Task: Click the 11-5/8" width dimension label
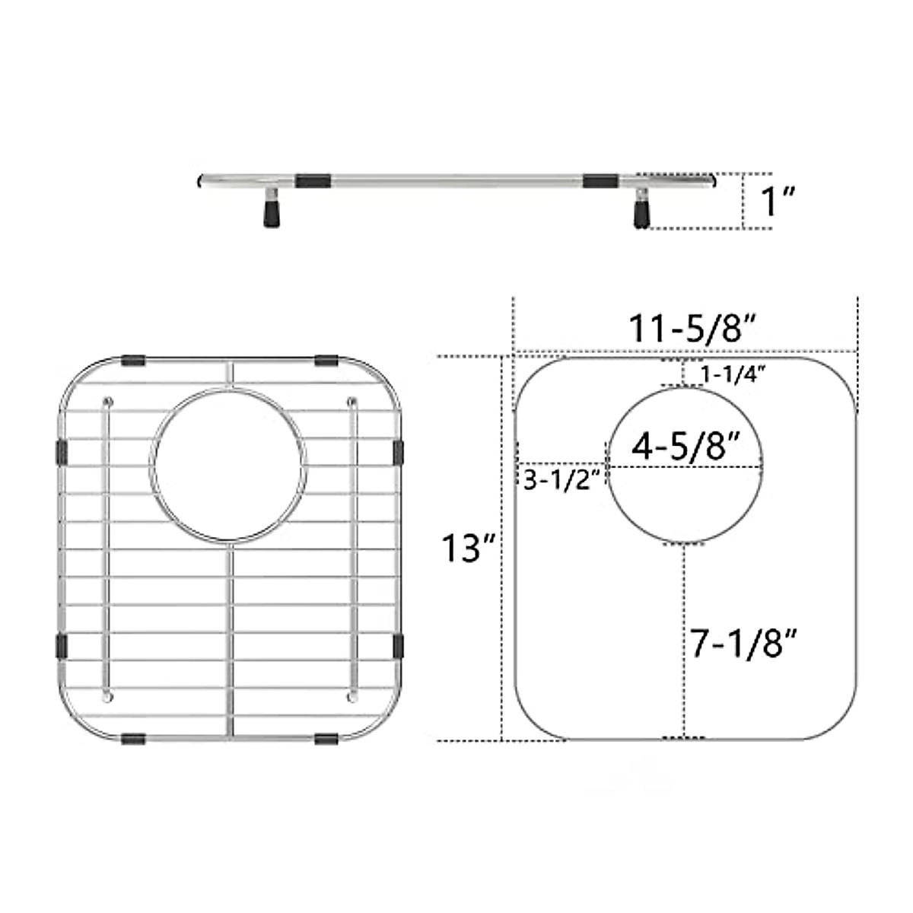coord(692,329)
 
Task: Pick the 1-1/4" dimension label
coord(733,375)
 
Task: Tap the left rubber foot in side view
coord(271,214)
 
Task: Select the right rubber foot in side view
coord(641,215)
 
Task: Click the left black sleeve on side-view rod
coord(313,181)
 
